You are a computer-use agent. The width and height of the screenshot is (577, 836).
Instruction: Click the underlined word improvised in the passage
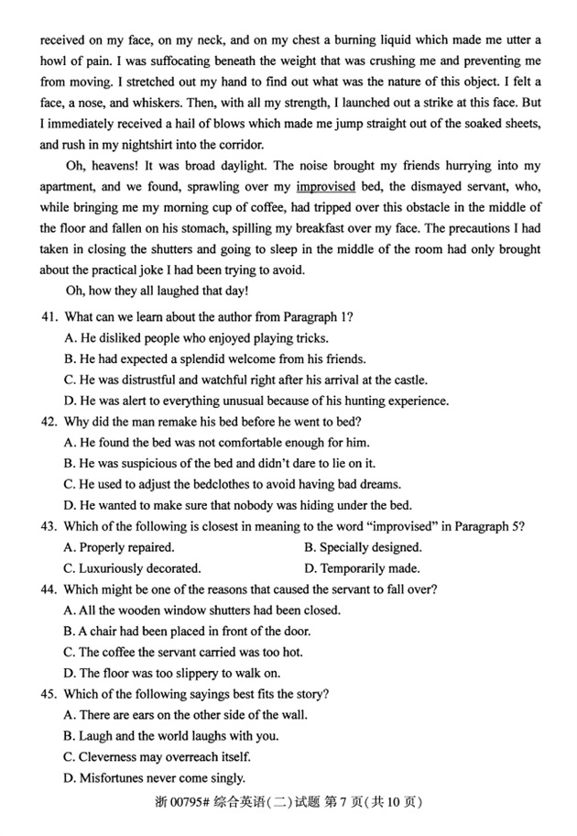326,187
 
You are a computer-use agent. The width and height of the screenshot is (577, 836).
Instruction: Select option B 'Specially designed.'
363,547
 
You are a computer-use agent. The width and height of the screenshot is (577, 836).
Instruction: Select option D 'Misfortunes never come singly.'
155,778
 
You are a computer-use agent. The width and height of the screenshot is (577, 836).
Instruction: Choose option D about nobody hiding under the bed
238,505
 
